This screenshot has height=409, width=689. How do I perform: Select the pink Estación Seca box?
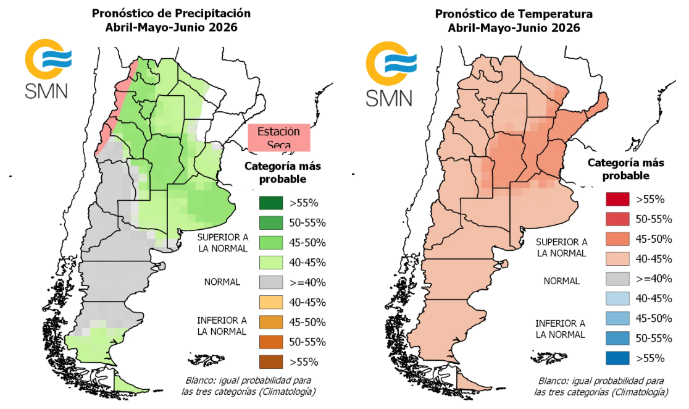point(278,138)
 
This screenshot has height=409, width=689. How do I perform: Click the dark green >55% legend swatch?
point(270,203)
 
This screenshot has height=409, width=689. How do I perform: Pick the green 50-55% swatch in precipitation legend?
point(270,222)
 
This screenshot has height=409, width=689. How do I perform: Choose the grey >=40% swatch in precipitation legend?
point(270,282)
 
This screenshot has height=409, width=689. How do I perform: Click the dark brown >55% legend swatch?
point(270,361)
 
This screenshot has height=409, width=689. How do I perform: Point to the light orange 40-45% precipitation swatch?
point(270,302)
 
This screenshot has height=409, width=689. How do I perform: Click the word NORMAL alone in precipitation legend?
point(222,282)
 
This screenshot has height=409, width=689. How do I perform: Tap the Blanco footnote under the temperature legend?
point(600,387)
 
